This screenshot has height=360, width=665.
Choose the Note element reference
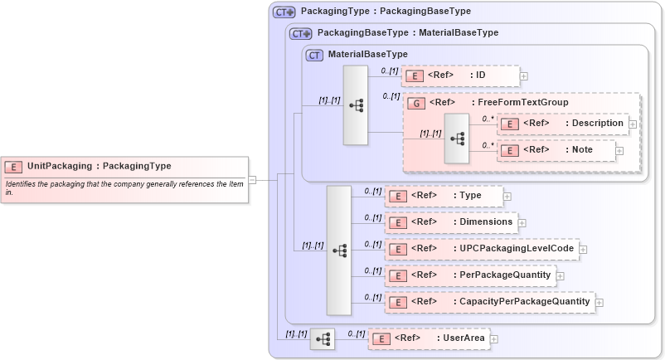click(x=556, y=150)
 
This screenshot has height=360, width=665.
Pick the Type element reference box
click(x=444, y=196)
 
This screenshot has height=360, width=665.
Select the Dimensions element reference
click(x=451, y=222)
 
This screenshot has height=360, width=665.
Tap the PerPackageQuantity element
click(x=468, y=275)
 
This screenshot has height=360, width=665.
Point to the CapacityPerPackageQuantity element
click(x=488, y=302)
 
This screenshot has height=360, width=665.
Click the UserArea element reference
click(x=427, y=338)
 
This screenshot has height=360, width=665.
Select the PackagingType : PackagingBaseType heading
click(x=386, y=12)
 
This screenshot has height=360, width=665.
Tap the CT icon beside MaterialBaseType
click(x=314, y=55)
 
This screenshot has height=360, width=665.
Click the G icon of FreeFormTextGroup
click(x=417, y=103)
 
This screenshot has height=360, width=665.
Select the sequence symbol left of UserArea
click(x=323, y=338)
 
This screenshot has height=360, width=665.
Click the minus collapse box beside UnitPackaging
click(x=252, y=178)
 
